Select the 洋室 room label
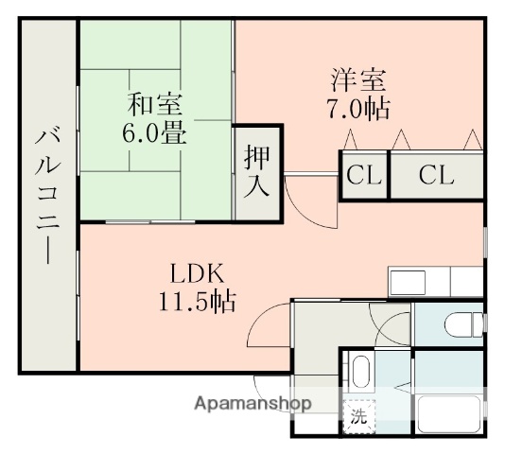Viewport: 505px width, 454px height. click(x=357, y=77)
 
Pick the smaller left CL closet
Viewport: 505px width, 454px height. click(x=363, y=176)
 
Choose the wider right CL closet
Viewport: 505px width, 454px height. click(x=436, y=176)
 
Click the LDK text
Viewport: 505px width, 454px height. click(x=196, y=273)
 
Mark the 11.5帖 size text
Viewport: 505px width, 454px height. click(x=197, y=303)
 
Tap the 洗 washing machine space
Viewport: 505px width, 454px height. click(x=358, y=414)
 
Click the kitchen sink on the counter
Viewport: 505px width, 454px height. click(x=412, y=281)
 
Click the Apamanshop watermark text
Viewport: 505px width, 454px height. click(x=252, y=403)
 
